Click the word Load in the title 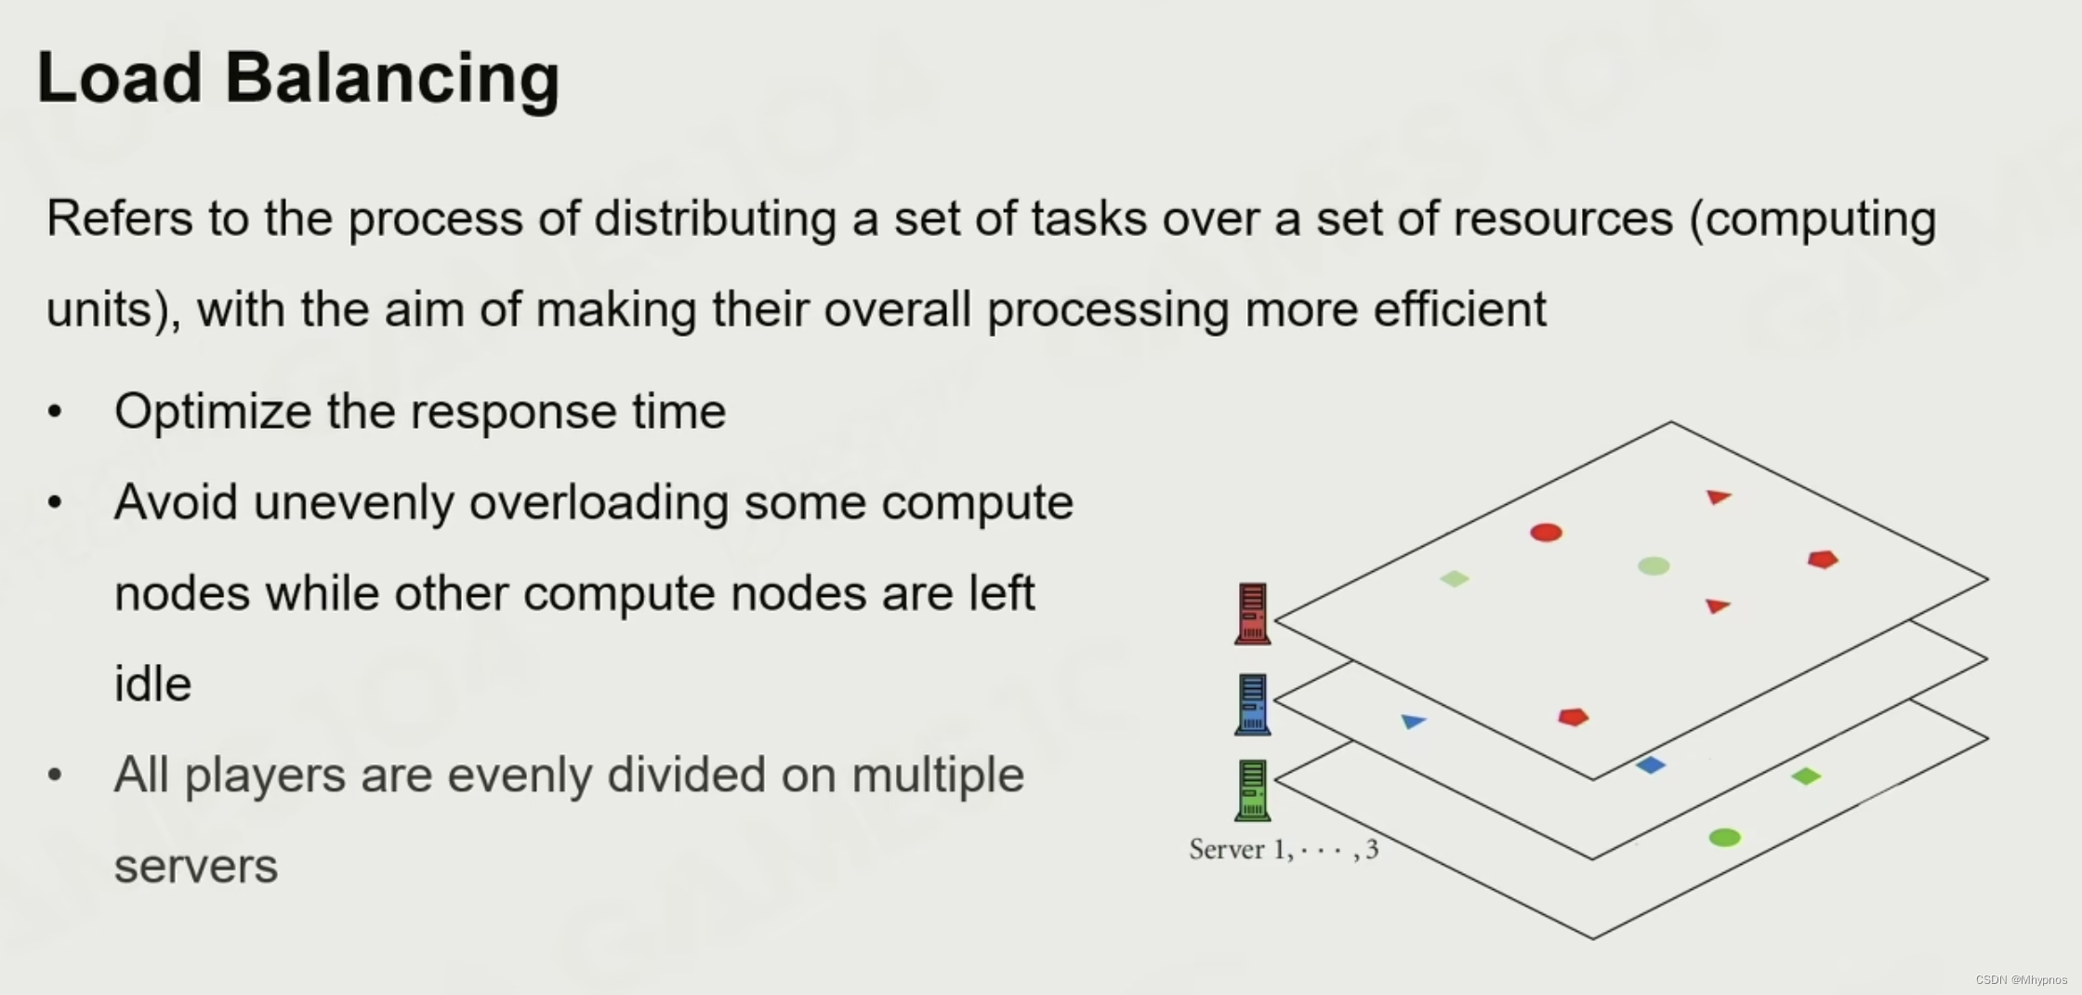[x=119, y=78]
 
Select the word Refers [x=118, y=219]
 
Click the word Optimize [x=212, y=412]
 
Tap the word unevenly [x=353, y=503]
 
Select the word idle [x=152, y=684]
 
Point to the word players [x=265, y=776]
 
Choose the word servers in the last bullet [x=195, y=867]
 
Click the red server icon [x=1252, y=614]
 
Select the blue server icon [x=1252, y=704]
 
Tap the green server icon [x=1252, y=790]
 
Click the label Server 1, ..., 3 [x=1284, y=849]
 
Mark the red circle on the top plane [x=1546, y=533]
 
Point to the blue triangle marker [x=1413, y=721]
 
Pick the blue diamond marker [x=1651, y=765]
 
